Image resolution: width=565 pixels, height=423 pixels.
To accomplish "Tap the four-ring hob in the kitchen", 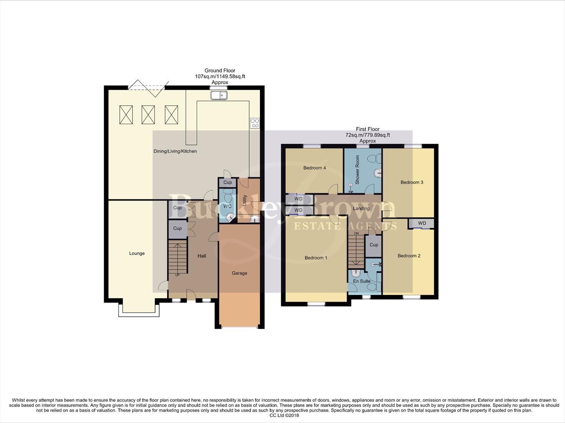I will point(254,123).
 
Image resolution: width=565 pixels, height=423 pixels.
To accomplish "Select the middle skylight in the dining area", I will point(148,114).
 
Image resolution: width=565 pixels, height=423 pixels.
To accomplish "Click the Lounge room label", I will point(137,253).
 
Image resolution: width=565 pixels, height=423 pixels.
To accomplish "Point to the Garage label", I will point(239,273).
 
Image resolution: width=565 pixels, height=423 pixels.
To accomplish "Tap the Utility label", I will point(245,201).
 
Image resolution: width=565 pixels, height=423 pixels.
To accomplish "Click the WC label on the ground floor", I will point(227,206).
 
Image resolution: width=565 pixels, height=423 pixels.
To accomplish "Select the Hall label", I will point(202,256).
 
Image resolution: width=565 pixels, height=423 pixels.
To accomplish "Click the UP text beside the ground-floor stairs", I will point(177,275).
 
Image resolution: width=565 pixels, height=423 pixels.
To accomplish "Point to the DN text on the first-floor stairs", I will point(356,233).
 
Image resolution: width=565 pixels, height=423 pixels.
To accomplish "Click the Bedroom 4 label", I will point(314,168).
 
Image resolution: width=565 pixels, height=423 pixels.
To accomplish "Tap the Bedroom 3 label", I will point(412,182).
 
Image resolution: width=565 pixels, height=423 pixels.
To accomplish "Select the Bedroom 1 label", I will point(316,258).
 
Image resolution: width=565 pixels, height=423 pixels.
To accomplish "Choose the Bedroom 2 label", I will point(409,256).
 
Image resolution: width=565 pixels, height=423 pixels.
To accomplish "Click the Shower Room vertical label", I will point(357,170).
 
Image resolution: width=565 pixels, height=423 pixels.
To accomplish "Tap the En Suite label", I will point(362,281).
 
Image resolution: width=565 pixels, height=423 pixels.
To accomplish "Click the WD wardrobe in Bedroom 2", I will point(421,223).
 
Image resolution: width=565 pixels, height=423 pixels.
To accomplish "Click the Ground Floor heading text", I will point(220,70).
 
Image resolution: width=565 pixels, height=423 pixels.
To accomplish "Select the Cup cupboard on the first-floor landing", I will point(374,245).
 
